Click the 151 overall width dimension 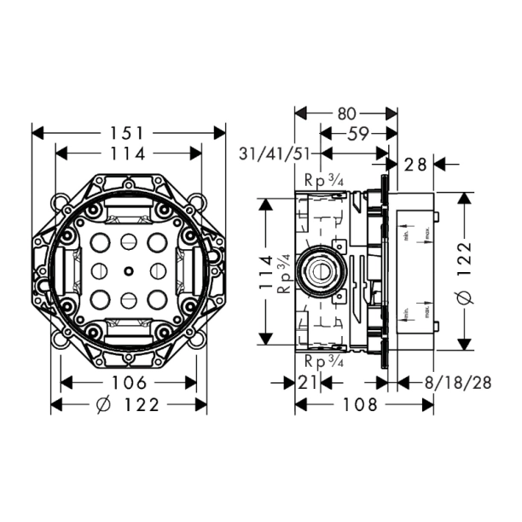[x=129, y=133]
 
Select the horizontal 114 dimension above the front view [x=128, y=153]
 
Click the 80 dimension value [x=347, y=113]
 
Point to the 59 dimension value [x=358, y=133]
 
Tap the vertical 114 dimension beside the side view [x=266, y=272]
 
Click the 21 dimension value [x=308, y=382]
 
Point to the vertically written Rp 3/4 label [x=286, y=271]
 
